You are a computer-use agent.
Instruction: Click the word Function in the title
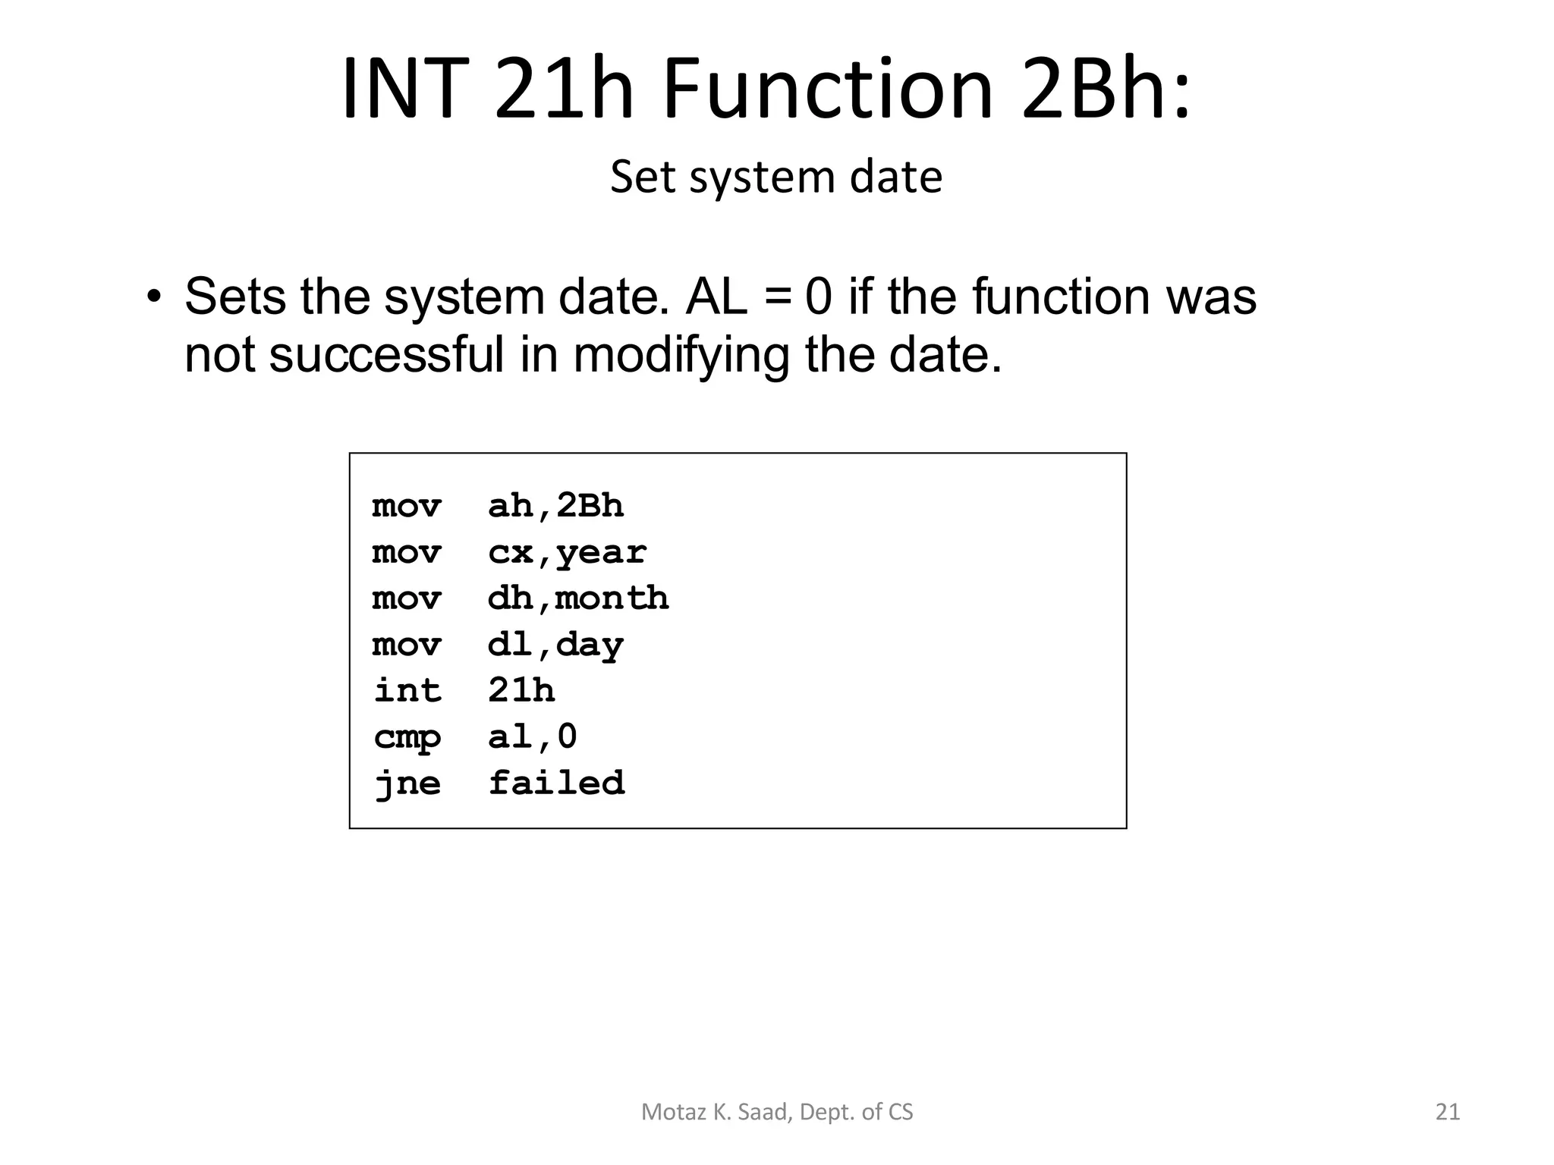827,89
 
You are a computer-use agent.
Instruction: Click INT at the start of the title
402,89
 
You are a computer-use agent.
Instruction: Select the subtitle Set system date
776,177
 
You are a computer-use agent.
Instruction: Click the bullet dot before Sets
155,297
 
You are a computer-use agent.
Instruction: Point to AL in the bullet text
716,297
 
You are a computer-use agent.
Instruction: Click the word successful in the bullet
386,354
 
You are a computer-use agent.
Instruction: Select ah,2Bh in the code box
555,506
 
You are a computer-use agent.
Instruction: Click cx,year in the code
567,553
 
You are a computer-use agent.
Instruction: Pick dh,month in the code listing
578,598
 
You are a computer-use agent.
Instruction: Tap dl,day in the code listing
555,645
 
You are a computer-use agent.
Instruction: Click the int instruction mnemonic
407,691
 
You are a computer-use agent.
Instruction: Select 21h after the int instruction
521,691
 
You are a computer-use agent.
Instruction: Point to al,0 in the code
533,736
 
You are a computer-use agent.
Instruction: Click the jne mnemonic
407,783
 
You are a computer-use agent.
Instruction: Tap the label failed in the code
557,783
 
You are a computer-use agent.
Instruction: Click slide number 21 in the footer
1448,1112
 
